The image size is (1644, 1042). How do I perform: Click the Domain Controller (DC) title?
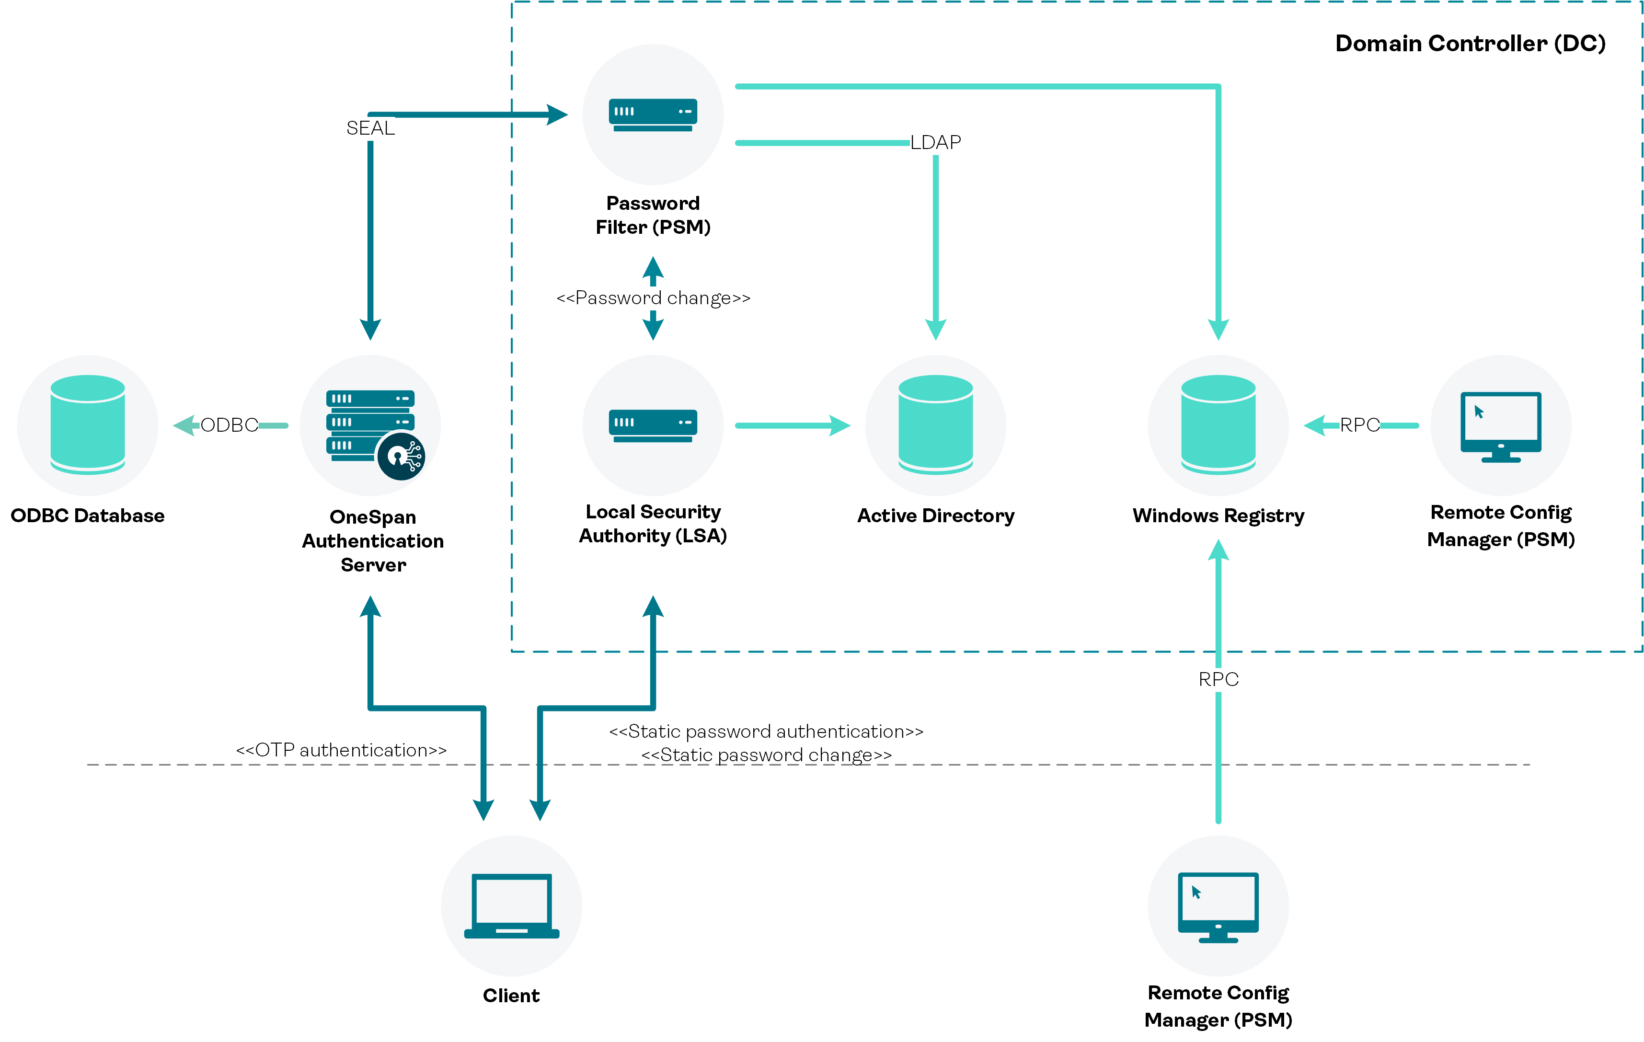click(x=1470, y=44)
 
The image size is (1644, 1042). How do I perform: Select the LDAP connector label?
click(x=935, y=142)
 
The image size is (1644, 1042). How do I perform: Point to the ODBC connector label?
click(x=230, y=425)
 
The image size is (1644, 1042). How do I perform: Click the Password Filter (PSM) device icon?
click(x=653, y=115)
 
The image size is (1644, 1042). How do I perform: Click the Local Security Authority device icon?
click(x=653, y=425)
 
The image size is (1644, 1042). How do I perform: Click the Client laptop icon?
click(x=511, y=905)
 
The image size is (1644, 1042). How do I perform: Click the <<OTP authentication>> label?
click(x=341, y=750)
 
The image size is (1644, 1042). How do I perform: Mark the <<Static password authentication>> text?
click(x=766, y=731)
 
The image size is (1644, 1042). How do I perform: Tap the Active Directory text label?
click(x=935, y=515)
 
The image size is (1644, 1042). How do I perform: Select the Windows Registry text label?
click(x=1218, y=515)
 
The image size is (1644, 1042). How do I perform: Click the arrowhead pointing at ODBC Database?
click(x=183, y=425)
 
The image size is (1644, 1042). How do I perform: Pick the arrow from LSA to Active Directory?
click(x=792, y=425)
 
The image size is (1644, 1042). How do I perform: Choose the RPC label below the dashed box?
click(x=1218, y=679)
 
